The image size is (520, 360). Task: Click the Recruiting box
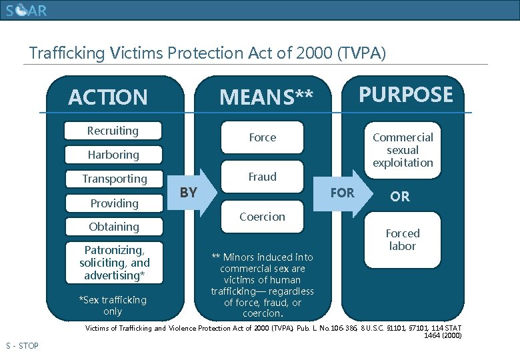click(113, 131)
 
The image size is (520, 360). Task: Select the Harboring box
click(113, 155)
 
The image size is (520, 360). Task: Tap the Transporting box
click(114, 179)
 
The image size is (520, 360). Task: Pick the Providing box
click(114, 203)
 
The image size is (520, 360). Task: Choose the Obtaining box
click(114, 227)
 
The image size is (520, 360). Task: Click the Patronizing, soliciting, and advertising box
click(114, 263)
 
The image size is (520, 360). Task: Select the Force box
click(262, 137)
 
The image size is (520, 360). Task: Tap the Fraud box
click(262, 177)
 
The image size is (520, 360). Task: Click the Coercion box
click(262, 217)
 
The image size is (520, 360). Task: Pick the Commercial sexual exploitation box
click(403, 150)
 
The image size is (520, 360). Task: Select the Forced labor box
click(403, 240)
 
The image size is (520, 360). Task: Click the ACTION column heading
click(108, 97)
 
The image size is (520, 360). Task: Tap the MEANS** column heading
click(266, 97)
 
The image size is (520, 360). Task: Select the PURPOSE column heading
click(406, 95)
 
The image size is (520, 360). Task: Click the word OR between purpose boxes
click(400, 197)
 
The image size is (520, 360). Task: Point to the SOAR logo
click(27, 11)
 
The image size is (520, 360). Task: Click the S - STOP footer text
click(22, 345)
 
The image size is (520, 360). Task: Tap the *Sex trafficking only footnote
click(113, 305)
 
